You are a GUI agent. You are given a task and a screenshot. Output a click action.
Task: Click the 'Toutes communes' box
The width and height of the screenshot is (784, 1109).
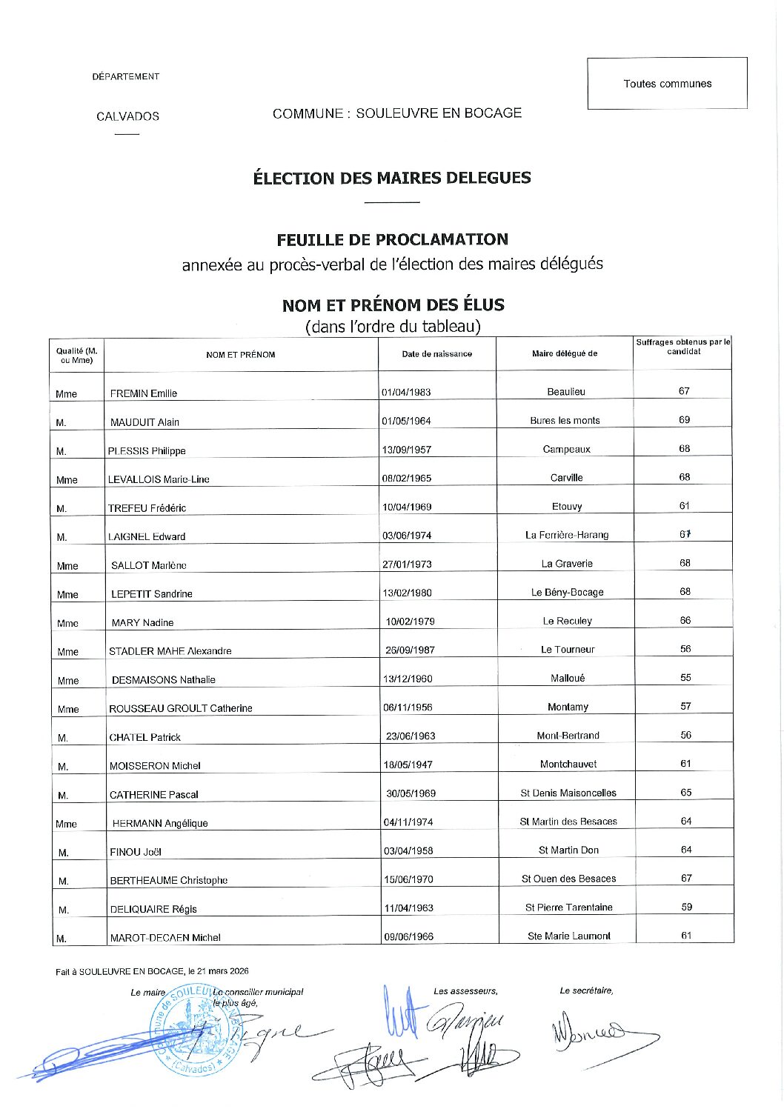pyautogui.click(x=667, y=84)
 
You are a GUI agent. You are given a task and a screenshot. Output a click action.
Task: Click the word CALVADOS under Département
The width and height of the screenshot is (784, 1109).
pyautogui.click(x=127, y=116)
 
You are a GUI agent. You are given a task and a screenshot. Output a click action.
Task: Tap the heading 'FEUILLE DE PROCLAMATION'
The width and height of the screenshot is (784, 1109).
pyautogui.click(x=392, y=240)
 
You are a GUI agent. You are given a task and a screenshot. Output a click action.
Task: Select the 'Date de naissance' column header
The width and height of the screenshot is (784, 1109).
pyautogui.click(x=436, y=354)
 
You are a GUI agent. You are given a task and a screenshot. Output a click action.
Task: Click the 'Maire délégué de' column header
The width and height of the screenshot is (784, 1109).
pyautogui.click(x=564, y=354)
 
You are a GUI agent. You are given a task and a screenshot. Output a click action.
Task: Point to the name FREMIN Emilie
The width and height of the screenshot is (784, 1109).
pyautogui.click(x=144, y=393)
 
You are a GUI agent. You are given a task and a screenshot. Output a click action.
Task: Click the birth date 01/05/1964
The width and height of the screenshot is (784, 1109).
pyautogui.click(x=406, y=421)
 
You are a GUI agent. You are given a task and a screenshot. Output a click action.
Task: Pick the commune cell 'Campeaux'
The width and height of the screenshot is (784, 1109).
pyautogui.click(x=566, y=449)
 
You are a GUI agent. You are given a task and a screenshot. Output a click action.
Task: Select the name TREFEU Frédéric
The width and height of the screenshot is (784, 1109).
pyautogui.click(x=147, y=508)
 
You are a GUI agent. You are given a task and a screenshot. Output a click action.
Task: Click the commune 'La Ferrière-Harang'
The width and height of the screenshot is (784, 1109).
pyautogui.click(x=566, y=535)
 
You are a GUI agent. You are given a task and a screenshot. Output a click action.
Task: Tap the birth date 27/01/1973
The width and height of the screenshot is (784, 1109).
pyautogui.click(x=407, y=564)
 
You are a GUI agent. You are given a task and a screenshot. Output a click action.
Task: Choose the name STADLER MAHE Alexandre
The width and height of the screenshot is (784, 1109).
pyautogui.click(x=170, y=651)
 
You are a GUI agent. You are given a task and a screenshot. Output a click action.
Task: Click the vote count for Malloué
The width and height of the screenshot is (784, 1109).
pyautogui.click(x=685, y=677)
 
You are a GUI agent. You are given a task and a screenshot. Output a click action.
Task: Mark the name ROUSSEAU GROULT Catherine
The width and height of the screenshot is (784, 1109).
pyautogui.click(x=180, y=708)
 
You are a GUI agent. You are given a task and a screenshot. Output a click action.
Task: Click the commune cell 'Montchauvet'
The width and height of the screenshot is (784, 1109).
pyautogui.click(x=568, y=764)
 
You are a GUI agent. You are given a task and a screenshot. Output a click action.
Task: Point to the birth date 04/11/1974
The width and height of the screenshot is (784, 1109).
pyautogui.click(x=408, y=822)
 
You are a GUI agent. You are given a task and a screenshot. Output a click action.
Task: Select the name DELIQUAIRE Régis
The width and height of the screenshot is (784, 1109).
pyautogui.click(x=153, y=909)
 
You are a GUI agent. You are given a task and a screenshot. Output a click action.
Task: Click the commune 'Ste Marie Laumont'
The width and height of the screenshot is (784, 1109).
pyautogui.click(x=569, y=936)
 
